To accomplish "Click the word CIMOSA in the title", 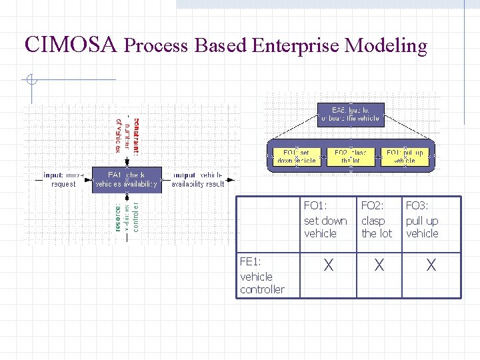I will click(71, 45).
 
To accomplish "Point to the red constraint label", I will click(137, 136).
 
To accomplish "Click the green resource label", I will click(117, 217).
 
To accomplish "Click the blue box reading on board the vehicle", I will click(350, 113).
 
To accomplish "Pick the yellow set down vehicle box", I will click(296, 157).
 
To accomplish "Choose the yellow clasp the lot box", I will click(350, 157).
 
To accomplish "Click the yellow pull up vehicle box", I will click(405, 157).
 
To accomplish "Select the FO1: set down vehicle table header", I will click(325, 220).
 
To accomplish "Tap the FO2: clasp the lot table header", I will click(377, 220).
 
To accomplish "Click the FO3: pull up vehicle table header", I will click(422, 220).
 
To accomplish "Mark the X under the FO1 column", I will click(328, 265).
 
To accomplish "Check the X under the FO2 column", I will click(379, 265).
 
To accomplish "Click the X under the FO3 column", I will click(431, 265).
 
